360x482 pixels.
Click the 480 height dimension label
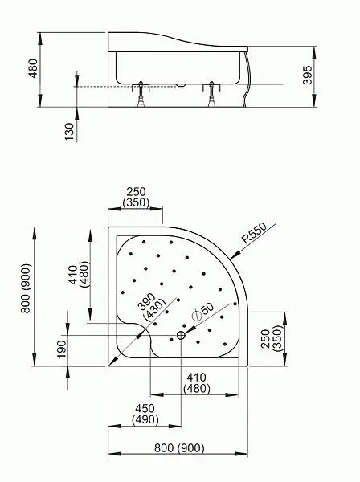pos(33,68)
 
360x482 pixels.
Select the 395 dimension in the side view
pos(307,75)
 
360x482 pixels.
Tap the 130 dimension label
pos(70,132)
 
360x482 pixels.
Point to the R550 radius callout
pos(254,233)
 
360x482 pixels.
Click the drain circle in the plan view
pos(181,335)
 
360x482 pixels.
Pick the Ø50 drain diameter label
pos(202,312)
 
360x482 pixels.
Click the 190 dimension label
pos(62,349)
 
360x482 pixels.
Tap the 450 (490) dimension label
pos(145,414)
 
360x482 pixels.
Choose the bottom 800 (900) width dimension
pos(179,448)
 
